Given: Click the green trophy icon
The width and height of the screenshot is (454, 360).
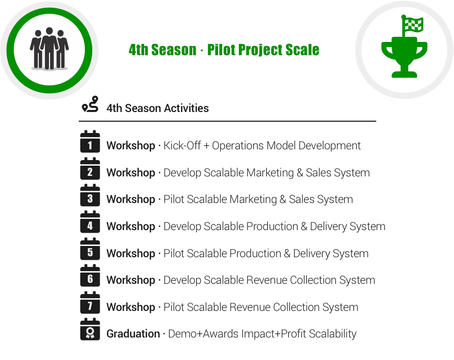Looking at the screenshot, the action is point(404,57).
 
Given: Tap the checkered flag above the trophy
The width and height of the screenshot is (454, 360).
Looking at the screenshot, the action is point(412,25).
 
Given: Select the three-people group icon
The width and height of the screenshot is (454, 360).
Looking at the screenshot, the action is point(49,49).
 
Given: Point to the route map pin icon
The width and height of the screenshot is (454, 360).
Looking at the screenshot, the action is point(90,104).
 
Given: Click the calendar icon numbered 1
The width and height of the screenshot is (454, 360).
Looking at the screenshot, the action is point(90,142).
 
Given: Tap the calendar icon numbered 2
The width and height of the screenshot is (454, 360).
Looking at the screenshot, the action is point(90,169).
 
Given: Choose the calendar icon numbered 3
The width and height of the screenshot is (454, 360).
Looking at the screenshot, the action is point(90,195).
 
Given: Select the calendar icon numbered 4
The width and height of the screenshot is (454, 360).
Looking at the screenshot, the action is point(90,222).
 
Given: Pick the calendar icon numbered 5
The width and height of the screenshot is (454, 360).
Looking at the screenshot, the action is point(90,249).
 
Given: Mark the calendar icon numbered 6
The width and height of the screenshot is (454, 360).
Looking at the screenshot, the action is point(90,276).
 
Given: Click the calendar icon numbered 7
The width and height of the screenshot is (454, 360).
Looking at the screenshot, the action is point(90,303).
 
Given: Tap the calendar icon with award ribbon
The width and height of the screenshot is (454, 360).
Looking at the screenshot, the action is point(90,329).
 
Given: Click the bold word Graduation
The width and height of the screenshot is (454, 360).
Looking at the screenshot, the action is point(133,333).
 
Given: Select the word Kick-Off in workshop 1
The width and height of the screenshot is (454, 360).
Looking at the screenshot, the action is point(182,145).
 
